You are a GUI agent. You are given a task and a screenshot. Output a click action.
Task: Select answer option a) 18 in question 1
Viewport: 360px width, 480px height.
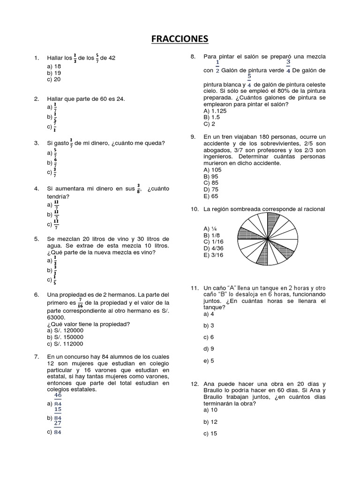pos(54,67)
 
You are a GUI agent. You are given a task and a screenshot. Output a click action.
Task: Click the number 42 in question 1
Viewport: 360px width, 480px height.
pos(111,58)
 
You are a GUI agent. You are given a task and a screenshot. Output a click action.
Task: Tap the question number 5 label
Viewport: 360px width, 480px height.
pos(36,239)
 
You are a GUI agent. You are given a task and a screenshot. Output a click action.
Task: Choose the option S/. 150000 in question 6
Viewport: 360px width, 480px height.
pos(65,337)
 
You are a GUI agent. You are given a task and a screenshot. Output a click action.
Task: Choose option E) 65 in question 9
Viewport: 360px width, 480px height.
pos(211,196)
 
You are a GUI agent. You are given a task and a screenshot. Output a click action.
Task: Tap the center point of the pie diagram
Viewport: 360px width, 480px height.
pos(268,240)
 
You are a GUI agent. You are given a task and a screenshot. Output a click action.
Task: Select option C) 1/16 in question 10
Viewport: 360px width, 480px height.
pos(213,241)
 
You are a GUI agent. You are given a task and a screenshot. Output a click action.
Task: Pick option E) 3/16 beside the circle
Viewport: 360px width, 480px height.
pos(213,255)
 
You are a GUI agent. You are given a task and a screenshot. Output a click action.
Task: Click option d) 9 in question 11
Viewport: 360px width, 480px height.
pos(209,349)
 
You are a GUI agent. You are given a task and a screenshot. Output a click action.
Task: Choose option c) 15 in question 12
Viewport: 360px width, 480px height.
pos(210,434)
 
